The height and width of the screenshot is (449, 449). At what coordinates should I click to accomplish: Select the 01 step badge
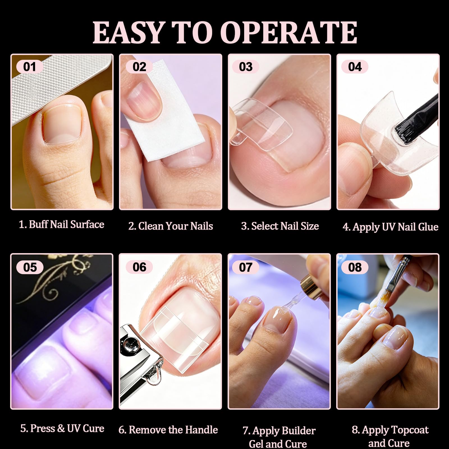30,67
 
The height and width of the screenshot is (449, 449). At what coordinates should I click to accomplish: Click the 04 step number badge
355,67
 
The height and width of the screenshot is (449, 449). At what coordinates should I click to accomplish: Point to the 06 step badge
139,267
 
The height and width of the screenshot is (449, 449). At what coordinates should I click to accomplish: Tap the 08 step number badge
355,267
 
